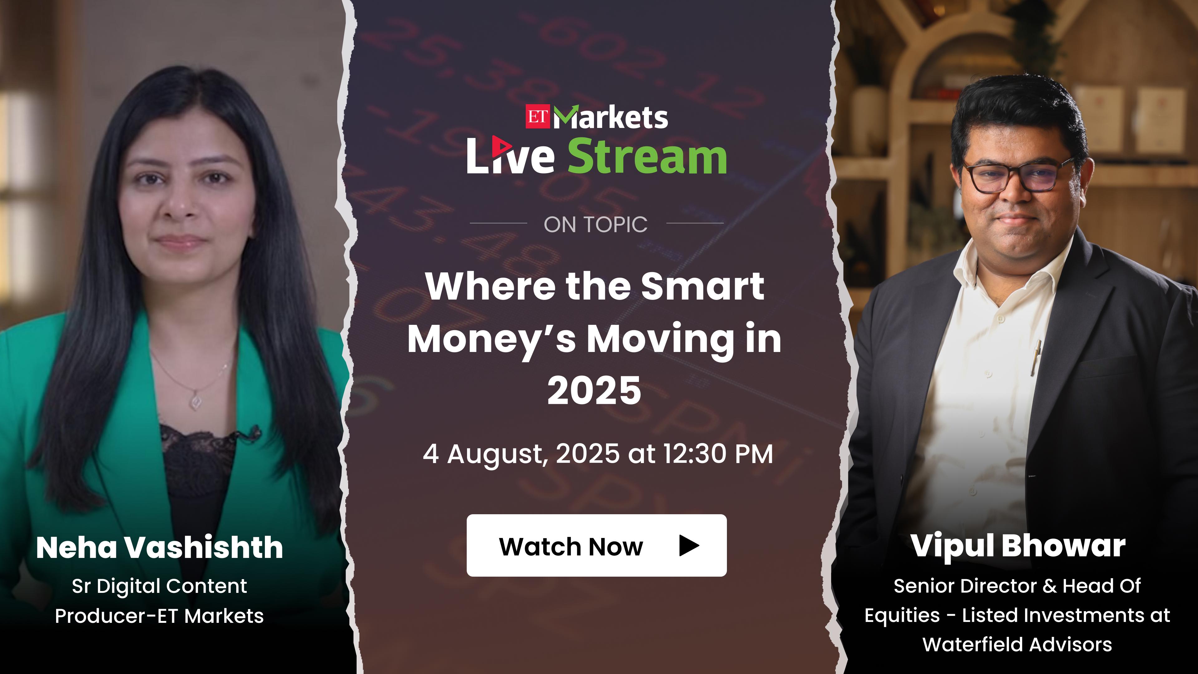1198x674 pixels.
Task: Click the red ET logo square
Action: pos(538,116)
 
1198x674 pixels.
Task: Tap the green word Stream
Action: pos(647,157)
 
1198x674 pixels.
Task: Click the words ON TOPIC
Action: pos(595,225)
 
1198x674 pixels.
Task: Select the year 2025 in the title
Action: pos(594,390)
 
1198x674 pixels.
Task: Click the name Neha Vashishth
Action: pos(159,548)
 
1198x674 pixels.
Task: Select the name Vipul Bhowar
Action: pos(1018,546)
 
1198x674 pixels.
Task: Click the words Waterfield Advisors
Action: pos(1017,645)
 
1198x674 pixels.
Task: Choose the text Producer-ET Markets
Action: pos(159,616)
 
